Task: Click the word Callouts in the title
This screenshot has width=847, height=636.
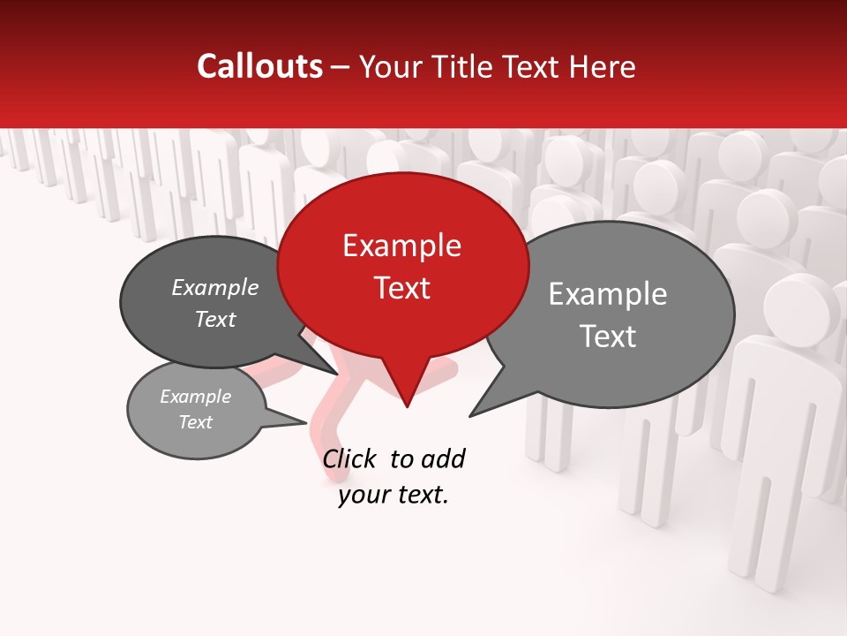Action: [x=259, y=66]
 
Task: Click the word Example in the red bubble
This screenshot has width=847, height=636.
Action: [x=401, y=246]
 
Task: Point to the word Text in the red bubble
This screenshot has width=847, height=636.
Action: [x=401, y=287]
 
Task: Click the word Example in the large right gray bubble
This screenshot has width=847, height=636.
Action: [x=607, y=294]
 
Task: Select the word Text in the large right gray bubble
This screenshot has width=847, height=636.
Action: [x=607, y=337]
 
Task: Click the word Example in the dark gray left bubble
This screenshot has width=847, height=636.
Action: [x=214, y=287]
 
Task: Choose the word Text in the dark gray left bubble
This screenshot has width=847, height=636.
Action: [x=214, y=319]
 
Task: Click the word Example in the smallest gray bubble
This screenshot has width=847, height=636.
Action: [x=195, y=397]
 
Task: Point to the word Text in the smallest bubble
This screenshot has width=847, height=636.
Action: [x=195, y=422]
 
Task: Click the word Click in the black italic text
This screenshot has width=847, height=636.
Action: [x=350, y=458]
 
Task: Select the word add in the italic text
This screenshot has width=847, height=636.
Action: [x=443, y=458]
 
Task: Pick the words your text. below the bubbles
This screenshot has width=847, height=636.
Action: [x=394, y=495]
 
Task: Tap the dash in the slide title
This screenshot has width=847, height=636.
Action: [x=341, y=66]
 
